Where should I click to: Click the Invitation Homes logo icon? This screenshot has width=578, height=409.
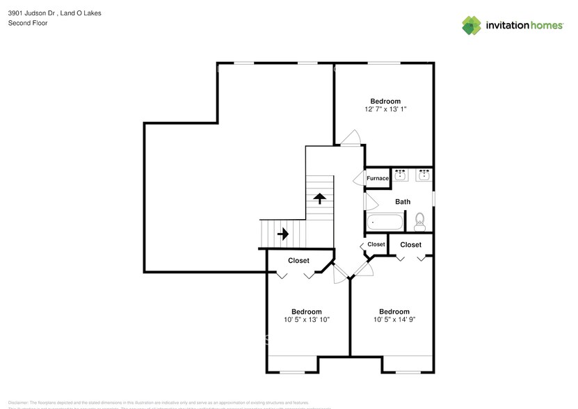click(472, 25)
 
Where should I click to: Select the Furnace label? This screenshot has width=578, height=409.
click(378, 179)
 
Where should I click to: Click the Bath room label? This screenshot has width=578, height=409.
click(403, 202)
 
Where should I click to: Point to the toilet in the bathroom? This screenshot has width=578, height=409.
click(419, 222)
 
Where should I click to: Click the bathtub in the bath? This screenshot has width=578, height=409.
click(385, 223)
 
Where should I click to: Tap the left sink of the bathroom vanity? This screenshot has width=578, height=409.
click(400, 175)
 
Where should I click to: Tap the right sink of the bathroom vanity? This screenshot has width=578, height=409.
click(423, 175)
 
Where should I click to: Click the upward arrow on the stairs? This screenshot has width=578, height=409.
click(319, 199)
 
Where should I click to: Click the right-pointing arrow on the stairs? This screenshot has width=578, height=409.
click(283, 234)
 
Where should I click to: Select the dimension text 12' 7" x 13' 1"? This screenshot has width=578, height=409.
click(385, 110)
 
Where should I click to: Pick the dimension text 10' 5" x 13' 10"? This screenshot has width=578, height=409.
click(307, 320)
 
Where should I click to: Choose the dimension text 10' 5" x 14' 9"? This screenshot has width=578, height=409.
click(394, 320)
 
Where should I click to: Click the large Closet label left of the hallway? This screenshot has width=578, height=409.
click(299, 261)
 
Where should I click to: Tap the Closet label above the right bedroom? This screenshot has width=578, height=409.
click(410, 245)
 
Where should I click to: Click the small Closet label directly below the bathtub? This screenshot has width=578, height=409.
click(376, 244)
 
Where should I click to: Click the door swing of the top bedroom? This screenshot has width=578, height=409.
click(351, 137)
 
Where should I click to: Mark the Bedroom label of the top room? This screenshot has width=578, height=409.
click(385, 101)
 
